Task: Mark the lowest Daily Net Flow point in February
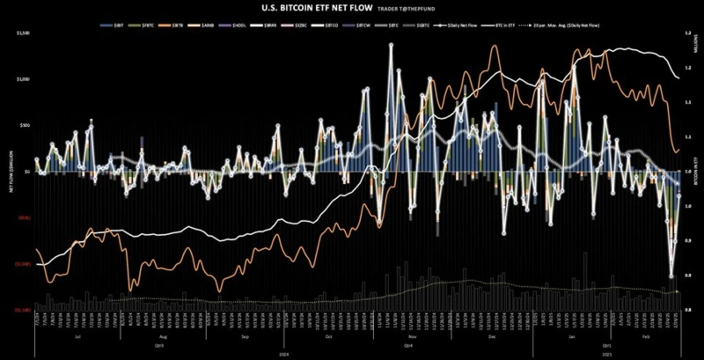[x=671, y=276]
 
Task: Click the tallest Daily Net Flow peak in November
[x=391, y=44]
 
